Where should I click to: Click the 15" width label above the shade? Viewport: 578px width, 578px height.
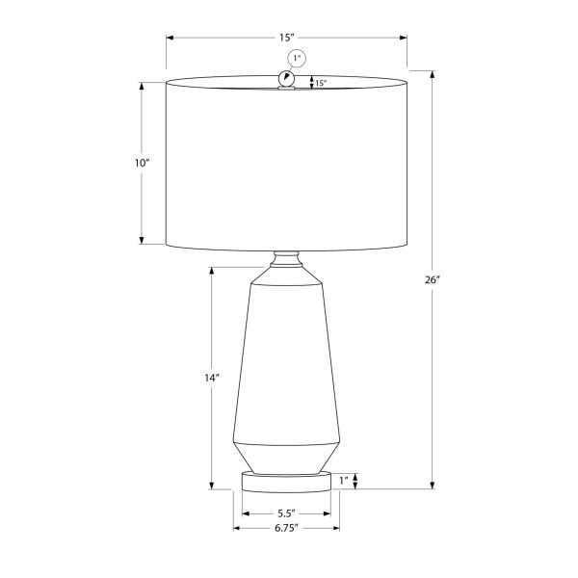coord(286,38)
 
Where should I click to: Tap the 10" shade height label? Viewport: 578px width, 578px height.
coord(143,163)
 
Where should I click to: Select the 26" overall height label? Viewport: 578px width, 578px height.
coord(432,280)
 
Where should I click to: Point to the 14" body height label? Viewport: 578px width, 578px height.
coord(211,379)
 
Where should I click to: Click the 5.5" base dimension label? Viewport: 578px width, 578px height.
coord(286,512)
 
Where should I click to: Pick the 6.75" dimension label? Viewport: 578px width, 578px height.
coord(286,528)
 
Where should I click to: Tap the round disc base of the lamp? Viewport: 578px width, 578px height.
coord(286,481)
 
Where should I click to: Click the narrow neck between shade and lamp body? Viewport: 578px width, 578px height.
coord(286,259)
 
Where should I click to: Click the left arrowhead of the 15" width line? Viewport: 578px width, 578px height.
coord(171,38)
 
